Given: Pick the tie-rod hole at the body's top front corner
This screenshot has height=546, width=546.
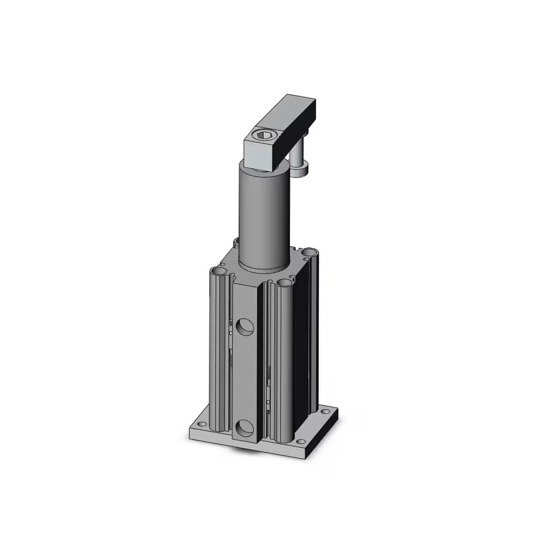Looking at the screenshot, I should [283, 283].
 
